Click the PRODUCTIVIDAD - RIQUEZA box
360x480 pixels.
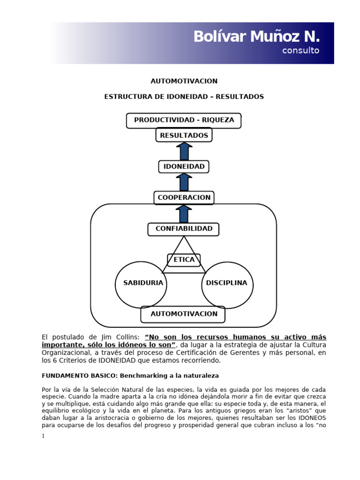184,120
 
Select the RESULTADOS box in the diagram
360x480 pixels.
184,135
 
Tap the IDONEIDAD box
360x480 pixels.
184,166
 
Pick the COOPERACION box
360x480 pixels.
184,198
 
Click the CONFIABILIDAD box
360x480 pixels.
184,229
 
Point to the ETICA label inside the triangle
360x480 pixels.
184,260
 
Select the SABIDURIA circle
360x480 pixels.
141,284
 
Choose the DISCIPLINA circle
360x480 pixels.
227,284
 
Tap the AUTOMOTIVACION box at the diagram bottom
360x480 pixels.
183,314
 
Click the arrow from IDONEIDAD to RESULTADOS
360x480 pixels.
184,151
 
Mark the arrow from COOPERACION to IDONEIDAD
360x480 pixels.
184,182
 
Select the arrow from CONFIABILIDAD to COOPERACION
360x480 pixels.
184,214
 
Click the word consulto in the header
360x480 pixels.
300,51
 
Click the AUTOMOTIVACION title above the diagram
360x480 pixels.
184,81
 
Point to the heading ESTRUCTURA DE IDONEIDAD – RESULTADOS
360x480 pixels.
184,97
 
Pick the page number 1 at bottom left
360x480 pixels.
44,436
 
